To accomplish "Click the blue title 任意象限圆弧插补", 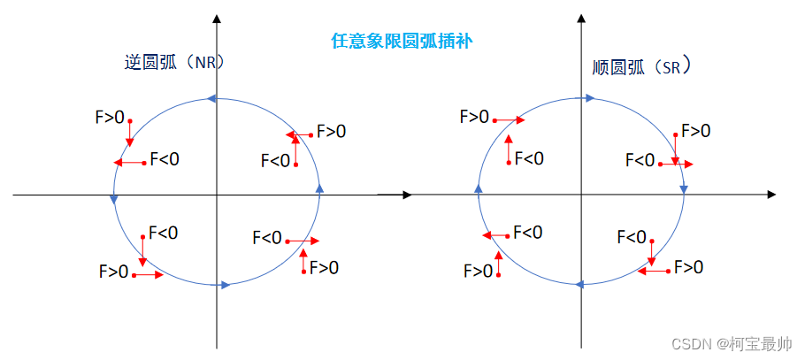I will pos(402,41).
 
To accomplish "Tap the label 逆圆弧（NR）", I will pos(174,63).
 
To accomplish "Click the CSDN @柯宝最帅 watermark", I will pos(732,343).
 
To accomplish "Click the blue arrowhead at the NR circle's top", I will pos(211,98).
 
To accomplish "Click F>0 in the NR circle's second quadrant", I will pos(110,116).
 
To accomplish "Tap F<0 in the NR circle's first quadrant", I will pos(275,160).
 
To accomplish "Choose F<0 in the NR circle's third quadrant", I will pos(163,233).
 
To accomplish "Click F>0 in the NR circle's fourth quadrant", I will pos(324,267).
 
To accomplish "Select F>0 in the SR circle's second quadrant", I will pos(474,116).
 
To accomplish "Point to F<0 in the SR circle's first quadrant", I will pos(640,160).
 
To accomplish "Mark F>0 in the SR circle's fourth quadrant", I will pos(689,266).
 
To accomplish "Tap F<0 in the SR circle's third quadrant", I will pos(527,232).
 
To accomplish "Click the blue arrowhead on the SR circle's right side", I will pos(684,188).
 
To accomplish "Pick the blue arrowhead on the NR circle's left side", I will pos(113,199).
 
